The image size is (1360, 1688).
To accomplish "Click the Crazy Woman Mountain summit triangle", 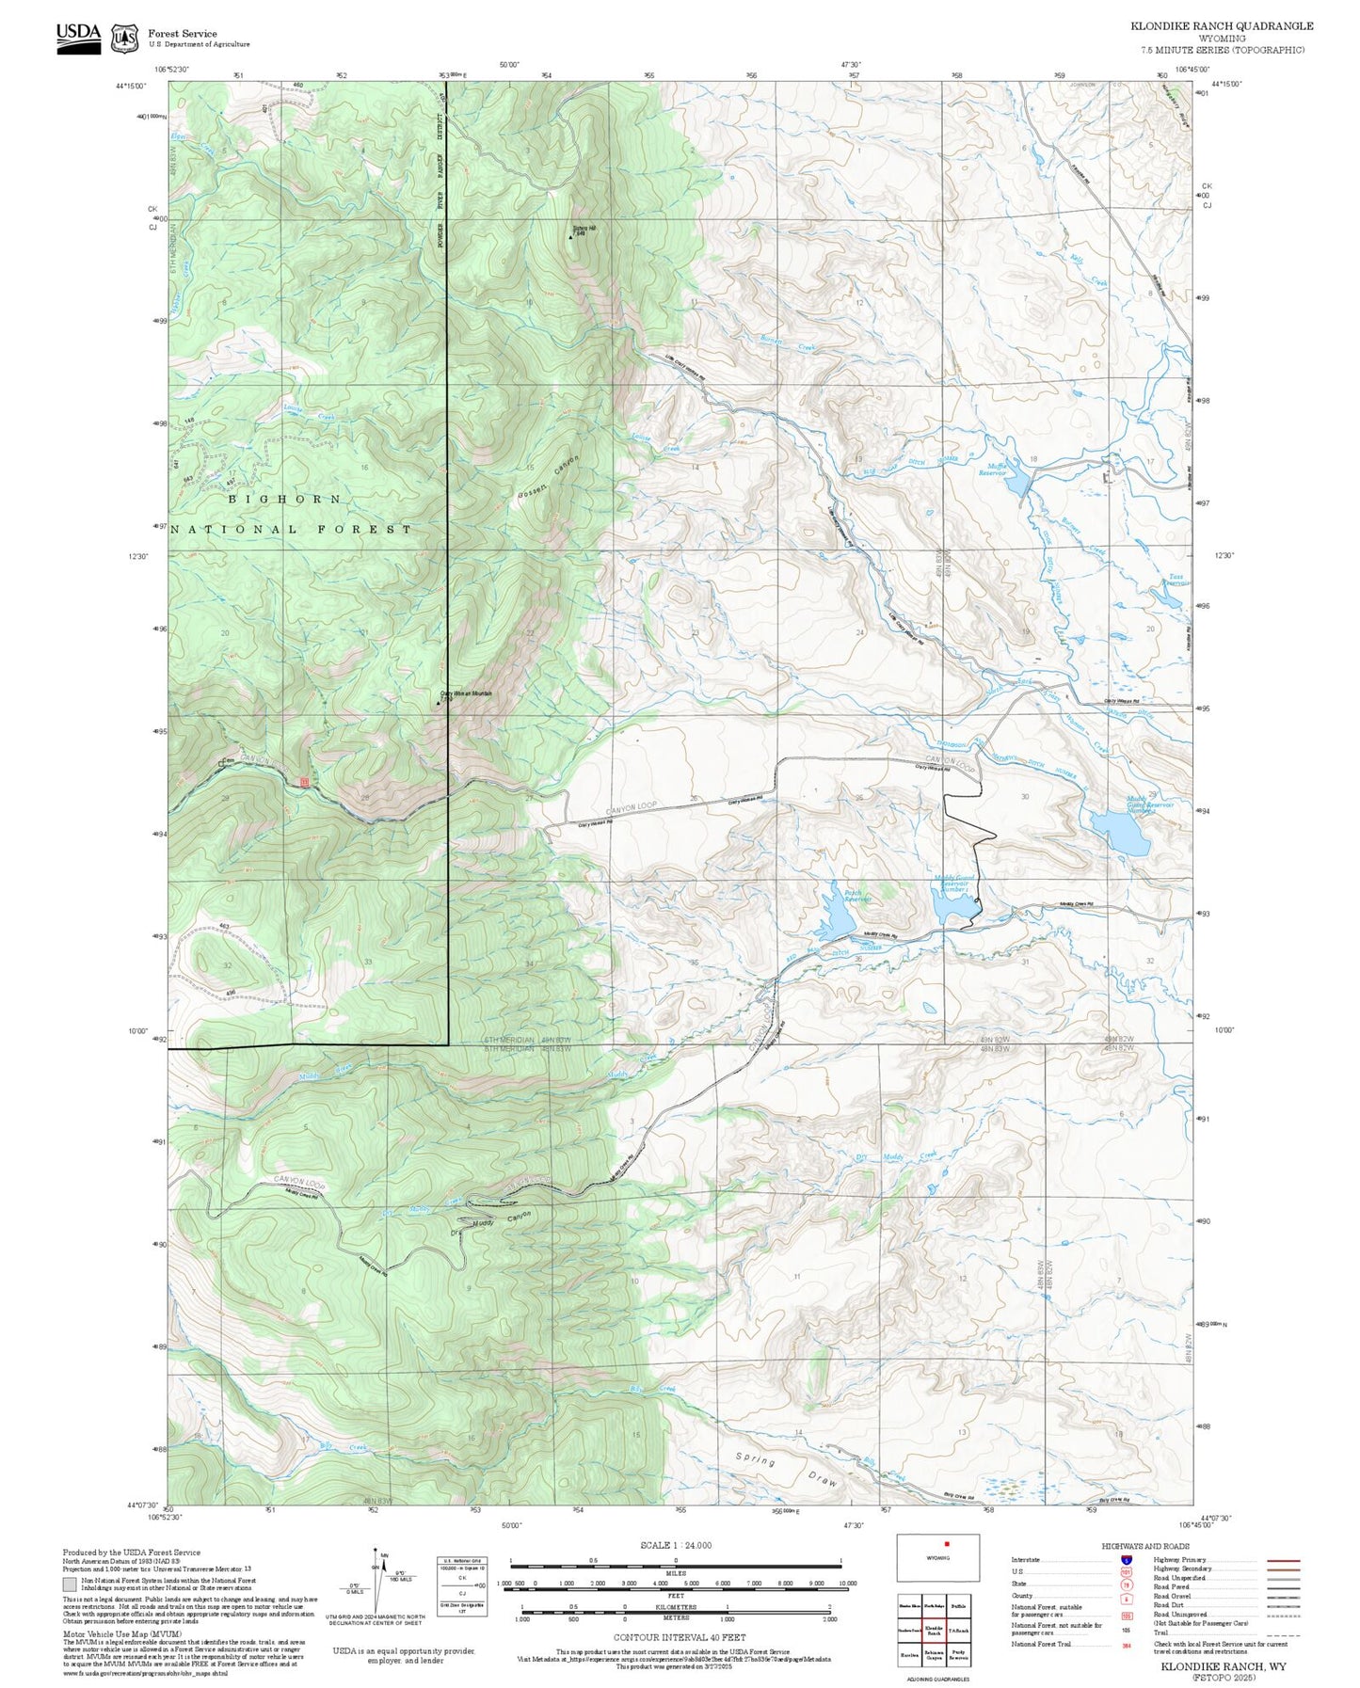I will click(439, 702).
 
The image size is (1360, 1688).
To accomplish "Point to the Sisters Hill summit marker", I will click(570, 237).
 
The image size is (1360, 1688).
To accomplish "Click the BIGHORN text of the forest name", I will click(284, 499).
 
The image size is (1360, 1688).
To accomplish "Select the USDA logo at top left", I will click(78, 37).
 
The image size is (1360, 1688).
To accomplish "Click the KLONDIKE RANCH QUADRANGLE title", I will click(1222, 26).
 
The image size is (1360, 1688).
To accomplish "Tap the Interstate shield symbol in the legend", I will click(1126, 1560).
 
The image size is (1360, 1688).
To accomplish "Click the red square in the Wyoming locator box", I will click(947, 1543).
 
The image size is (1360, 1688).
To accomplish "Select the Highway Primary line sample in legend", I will click(1284, 1560).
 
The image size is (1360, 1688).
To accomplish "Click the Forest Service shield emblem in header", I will click(124, 39).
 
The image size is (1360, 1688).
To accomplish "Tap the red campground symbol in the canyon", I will click(304, 782).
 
